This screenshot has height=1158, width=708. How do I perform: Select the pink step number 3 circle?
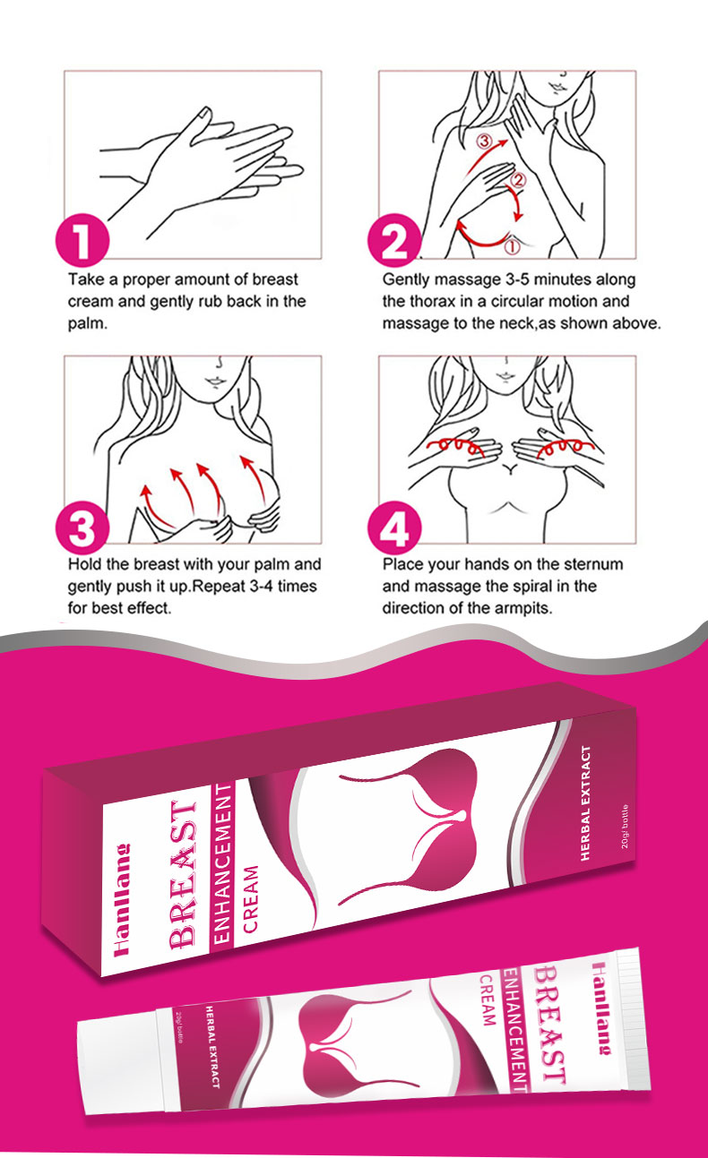pyautogui.click(x=82, y=528)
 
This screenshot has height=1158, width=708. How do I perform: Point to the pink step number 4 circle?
pyautogui.click(x=394, y=528)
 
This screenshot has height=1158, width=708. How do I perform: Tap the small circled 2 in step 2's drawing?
pyautogui.click(x=518, y=180)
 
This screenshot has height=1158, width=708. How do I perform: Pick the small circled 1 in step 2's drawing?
pyautogui.click(x=512, y=246)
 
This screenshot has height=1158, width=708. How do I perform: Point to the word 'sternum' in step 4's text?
pyautogui.click(x=594, y=564)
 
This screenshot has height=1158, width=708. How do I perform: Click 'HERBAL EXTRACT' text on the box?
pyautogui.click(x=585, y=803)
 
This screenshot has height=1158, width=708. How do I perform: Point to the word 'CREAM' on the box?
pyautogui.click(x=250, y=899)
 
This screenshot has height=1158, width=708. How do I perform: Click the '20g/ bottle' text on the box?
pyautogui.click(x=625, y=826)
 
